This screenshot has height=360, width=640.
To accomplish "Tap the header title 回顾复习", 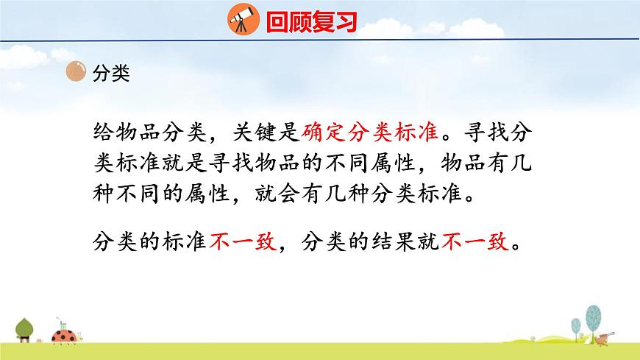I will coord(311,21).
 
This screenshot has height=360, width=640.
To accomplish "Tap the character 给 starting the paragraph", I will coord(104,133).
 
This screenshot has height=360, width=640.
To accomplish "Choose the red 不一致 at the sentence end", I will coord(475,241).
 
